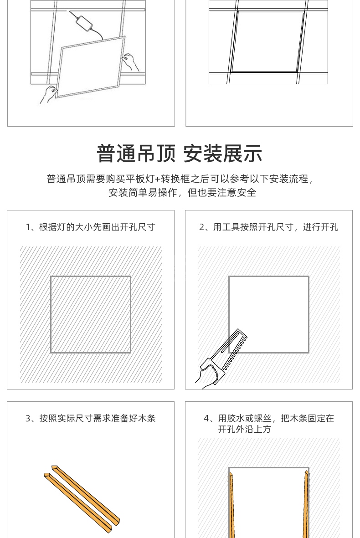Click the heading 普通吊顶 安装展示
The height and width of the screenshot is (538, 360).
tap(180, 154)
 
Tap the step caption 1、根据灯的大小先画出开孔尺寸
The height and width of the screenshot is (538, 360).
tap(91, 227)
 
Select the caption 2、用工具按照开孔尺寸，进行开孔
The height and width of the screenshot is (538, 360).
tap(269, 227)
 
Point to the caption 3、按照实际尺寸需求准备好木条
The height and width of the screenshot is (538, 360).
tap(91, 418)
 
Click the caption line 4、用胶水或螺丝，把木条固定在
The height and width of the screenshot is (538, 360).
tap(269, 418)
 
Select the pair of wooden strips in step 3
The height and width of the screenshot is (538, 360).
tap(82, 497)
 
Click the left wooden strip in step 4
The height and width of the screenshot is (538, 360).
tap(232, 504)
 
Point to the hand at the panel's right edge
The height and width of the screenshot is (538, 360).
tap(131, 62)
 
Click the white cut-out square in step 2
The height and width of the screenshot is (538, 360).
tap(269, 314)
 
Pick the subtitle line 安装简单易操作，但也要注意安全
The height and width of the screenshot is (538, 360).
tap(182, 193)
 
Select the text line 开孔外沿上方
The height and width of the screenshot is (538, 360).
tap(244, 429)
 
